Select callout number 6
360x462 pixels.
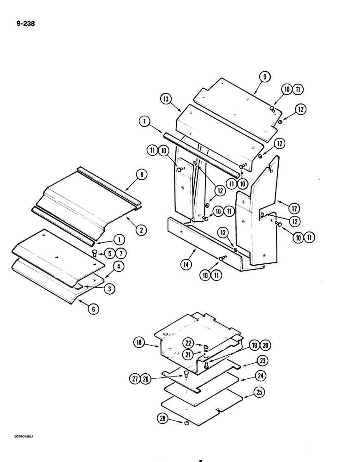tap(93, 310)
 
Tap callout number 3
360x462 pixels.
tap(109, 289)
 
